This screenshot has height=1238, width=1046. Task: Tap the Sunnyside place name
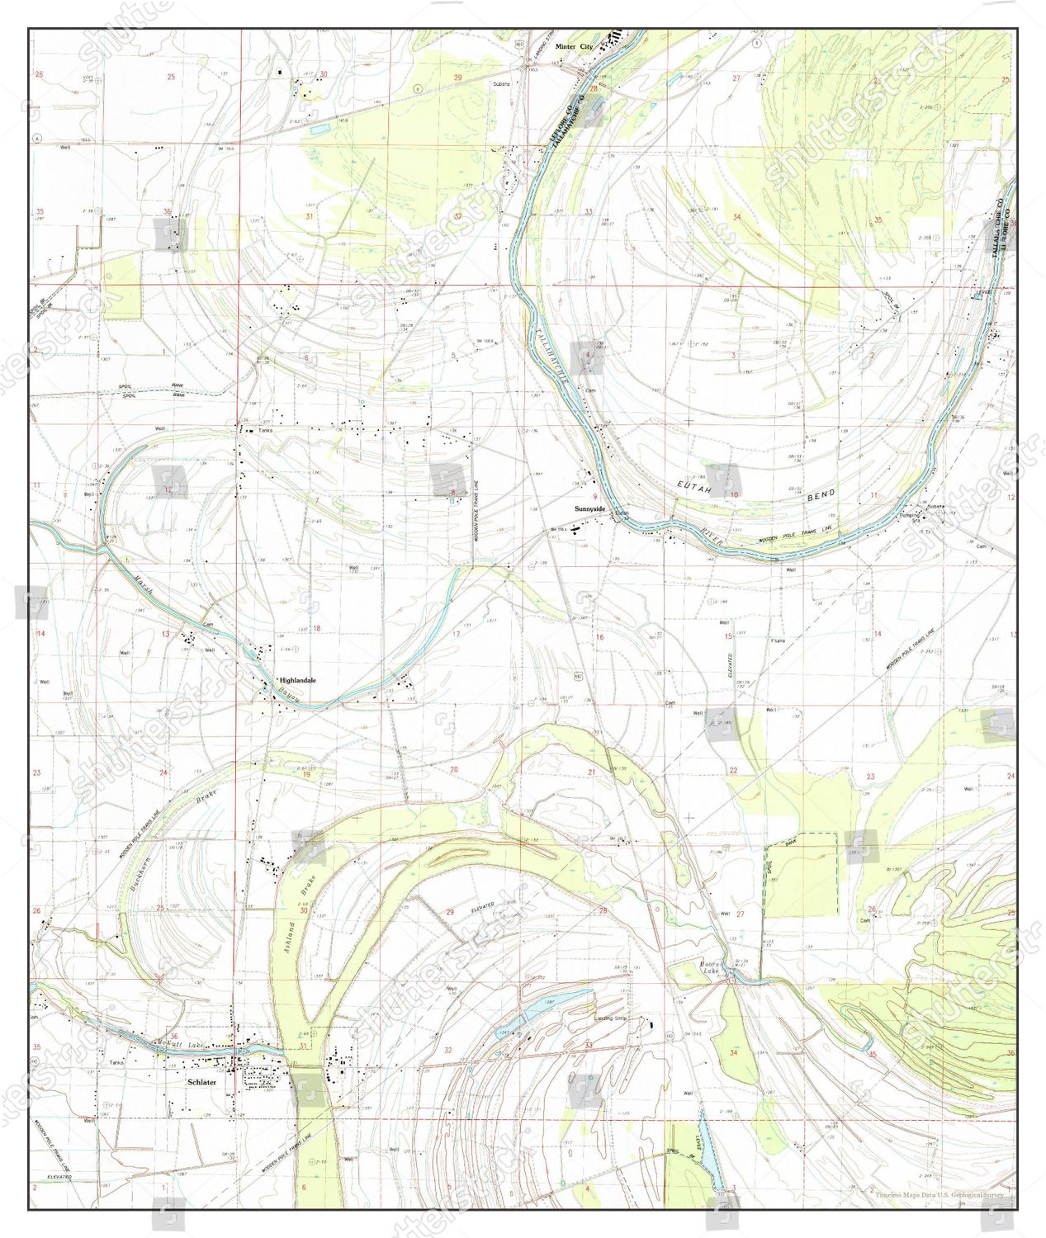(590, 509)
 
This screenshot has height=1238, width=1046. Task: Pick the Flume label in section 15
(778, 640)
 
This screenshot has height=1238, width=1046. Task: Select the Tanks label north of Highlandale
(264, 430)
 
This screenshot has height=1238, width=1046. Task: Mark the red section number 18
(316, 628)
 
